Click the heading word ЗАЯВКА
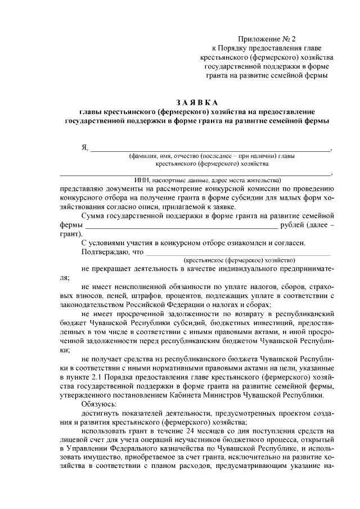[196, 102]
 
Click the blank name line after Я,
[211, 149]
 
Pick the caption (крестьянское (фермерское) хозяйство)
[239, 261]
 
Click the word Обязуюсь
[99, 404]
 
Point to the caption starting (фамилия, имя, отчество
[211, 156]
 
